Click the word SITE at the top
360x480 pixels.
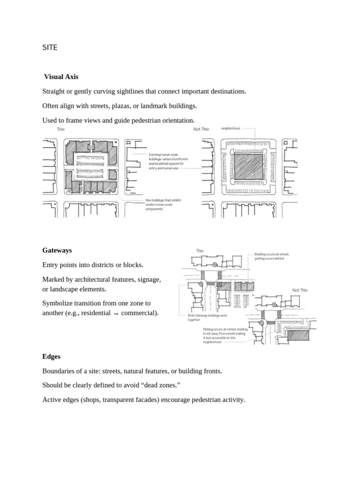[x=50, y=47]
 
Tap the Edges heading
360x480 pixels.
[x=52, y=356]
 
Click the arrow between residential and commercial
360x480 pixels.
[x=116, y=313]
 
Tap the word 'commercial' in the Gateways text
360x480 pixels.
[x=138, y=313]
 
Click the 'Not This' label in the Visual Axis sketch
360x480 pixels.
[x=201, y=129]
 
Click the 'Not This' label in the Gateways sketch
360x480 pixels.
[x=300, y=290]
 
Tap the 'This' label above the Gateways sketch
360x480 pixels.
[x=200, y=251]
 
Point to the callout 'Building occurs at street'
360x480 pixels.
[x=269, y=255]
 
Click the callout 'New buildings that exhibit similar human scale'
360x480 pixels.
[x=162, y=204]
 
